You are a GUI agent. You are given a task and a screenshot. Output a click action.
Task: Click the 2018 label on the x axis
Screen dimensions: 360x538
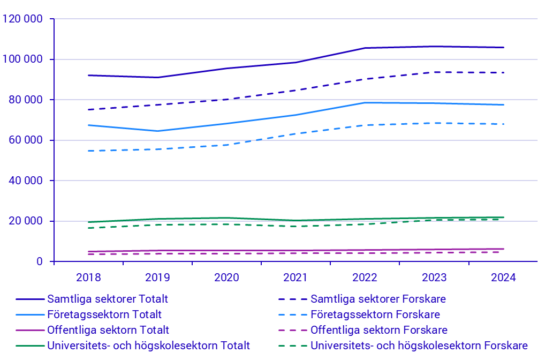(x=89, y=277)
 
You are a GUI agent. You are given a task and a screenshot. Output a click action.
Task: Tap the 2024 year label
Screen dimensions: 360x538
(x=503, y=277)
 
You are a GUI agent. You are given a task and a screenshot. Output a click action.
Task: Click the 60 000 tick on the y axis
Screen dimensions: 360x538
(x=25, y=140)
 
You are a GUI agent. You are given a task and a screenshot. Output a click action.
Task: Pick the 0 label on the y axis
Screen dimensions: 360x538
(x=39, y=261)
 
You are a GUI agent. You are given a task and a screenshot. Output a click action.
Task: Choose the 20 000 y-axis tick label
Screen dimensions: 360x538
(x=25, y=221)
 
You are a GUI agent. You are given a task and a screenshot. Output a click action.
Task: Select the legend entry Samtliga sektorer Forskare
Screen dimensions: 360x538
(x=378, y=299)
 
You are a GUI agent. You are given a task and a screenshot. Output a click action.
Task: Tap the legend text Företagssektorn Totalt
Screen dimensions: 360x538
(x=104, y=314)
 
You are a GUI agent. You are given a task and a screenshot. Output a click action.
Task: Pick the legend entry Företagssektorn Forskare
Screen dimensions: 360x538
(x=375, y=314)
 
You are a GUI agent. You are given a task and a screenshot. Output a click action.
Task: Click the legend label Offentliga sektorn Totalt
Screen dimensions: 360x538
(x=108, y=330)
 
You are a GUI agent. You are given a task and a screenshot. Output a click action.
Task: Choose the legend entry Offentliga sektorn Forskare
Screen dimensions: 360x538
(x=378, y=330)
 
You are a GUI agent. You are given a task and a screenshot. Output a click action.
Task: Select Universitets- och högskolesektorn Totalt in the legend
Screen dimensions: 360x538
(x=148, y=346)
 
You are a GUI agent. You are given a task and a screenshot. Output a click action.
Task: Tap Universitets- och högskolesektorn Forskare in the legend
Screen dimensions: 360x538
(x=419, y=346)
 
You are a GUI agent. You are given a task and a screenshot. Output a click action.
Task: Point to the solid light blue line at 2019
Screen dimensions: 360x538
(x=158, y=131)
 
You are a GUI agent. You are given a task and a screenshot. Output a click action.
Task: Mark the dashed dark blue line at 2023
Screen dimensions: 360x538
(x=434, y=72)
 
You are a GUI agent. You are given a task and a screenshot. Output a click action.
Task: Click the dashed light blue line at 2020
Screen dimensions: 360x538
(x=227, y=145)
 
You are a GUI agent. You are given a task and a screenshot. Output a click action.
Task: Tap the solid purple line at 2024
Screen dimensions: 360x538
(x=503, y=249)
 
